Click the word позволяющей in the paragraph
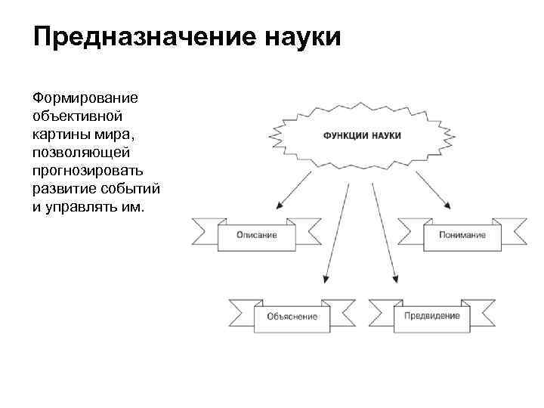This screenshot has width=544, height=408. coord(82,153)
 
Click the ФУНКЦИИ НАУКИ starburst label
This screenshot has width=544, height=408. coord(362,136)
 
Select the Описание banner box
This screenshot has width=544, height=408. coord(256,235)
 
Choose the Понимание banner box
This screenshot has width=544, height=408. coord(462,235)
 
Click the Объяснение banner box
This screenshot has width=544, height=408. coord(292,317)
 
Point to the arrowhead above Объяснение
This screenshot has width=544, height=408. coord(326,279)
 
